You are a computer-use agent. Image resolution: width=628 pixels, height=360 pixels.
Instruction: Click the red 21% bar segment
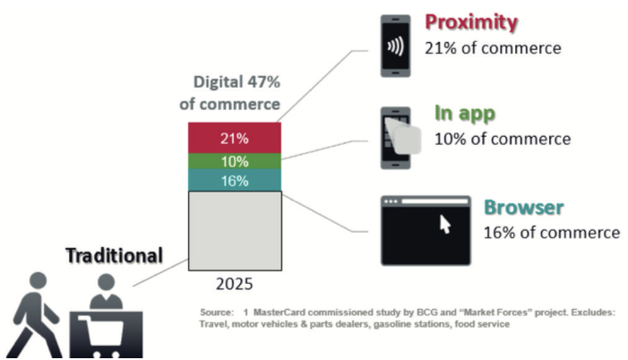click(x=235, y=138)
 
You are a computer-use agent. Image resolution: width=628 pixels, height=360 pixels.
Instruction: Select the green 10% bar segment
click(x=235, y=161)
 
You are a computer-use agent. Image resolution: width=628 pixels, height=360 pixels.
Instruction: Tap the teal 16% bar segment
click(x=235, y=180)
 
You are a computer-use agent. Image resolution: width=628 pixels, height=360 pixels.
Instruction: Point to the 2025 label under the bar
click(x=235, y=284)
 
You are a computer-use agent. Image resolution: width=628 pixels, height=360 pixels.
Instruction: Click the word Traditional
click(x=114, y=255)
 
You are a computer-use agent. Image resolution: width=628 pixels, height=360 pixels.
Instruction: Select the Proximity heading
click(x=472, y=21)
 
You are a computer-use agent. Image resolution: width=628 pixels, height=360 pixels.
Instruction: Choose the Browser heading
click(x=524, y=209)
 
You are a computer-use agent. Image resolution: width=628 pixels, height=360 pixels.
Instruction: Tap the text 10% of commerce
click(x=503, y=139)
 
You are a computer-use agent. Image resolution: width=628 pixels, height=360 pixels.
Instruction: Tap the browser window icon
click(x=426, y=230)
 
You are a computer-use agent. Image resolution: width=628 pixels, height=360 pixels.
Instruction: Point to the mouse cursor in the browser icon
click(x=444, y=223)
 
